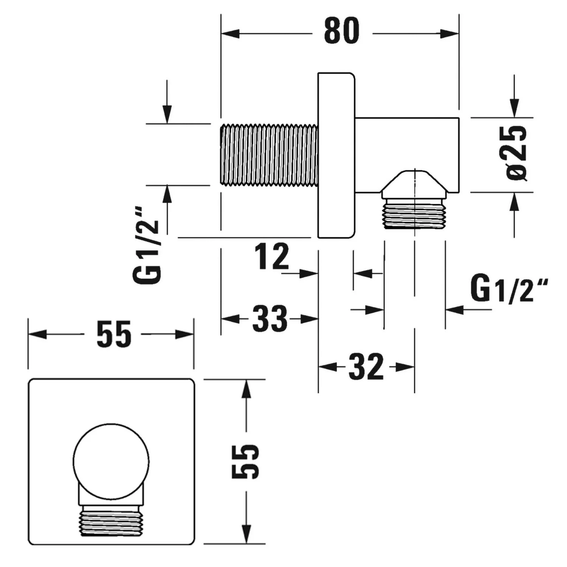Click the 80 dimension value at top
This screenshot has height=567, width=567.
tap(342, 31)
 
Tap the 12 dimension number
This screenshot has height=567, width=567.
tap(272, 257)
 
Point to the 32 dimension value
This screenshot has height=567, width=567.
tap(366, 367)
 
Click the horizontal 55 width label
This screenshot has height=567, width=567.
tap(114, 334)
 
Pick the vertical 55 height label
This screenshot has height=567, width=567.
tap(245, 461)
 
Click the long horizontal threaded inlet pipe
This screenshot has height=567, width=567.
tap(269, 155)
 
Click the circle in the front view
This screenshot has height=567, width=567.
tap(111, 461)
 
